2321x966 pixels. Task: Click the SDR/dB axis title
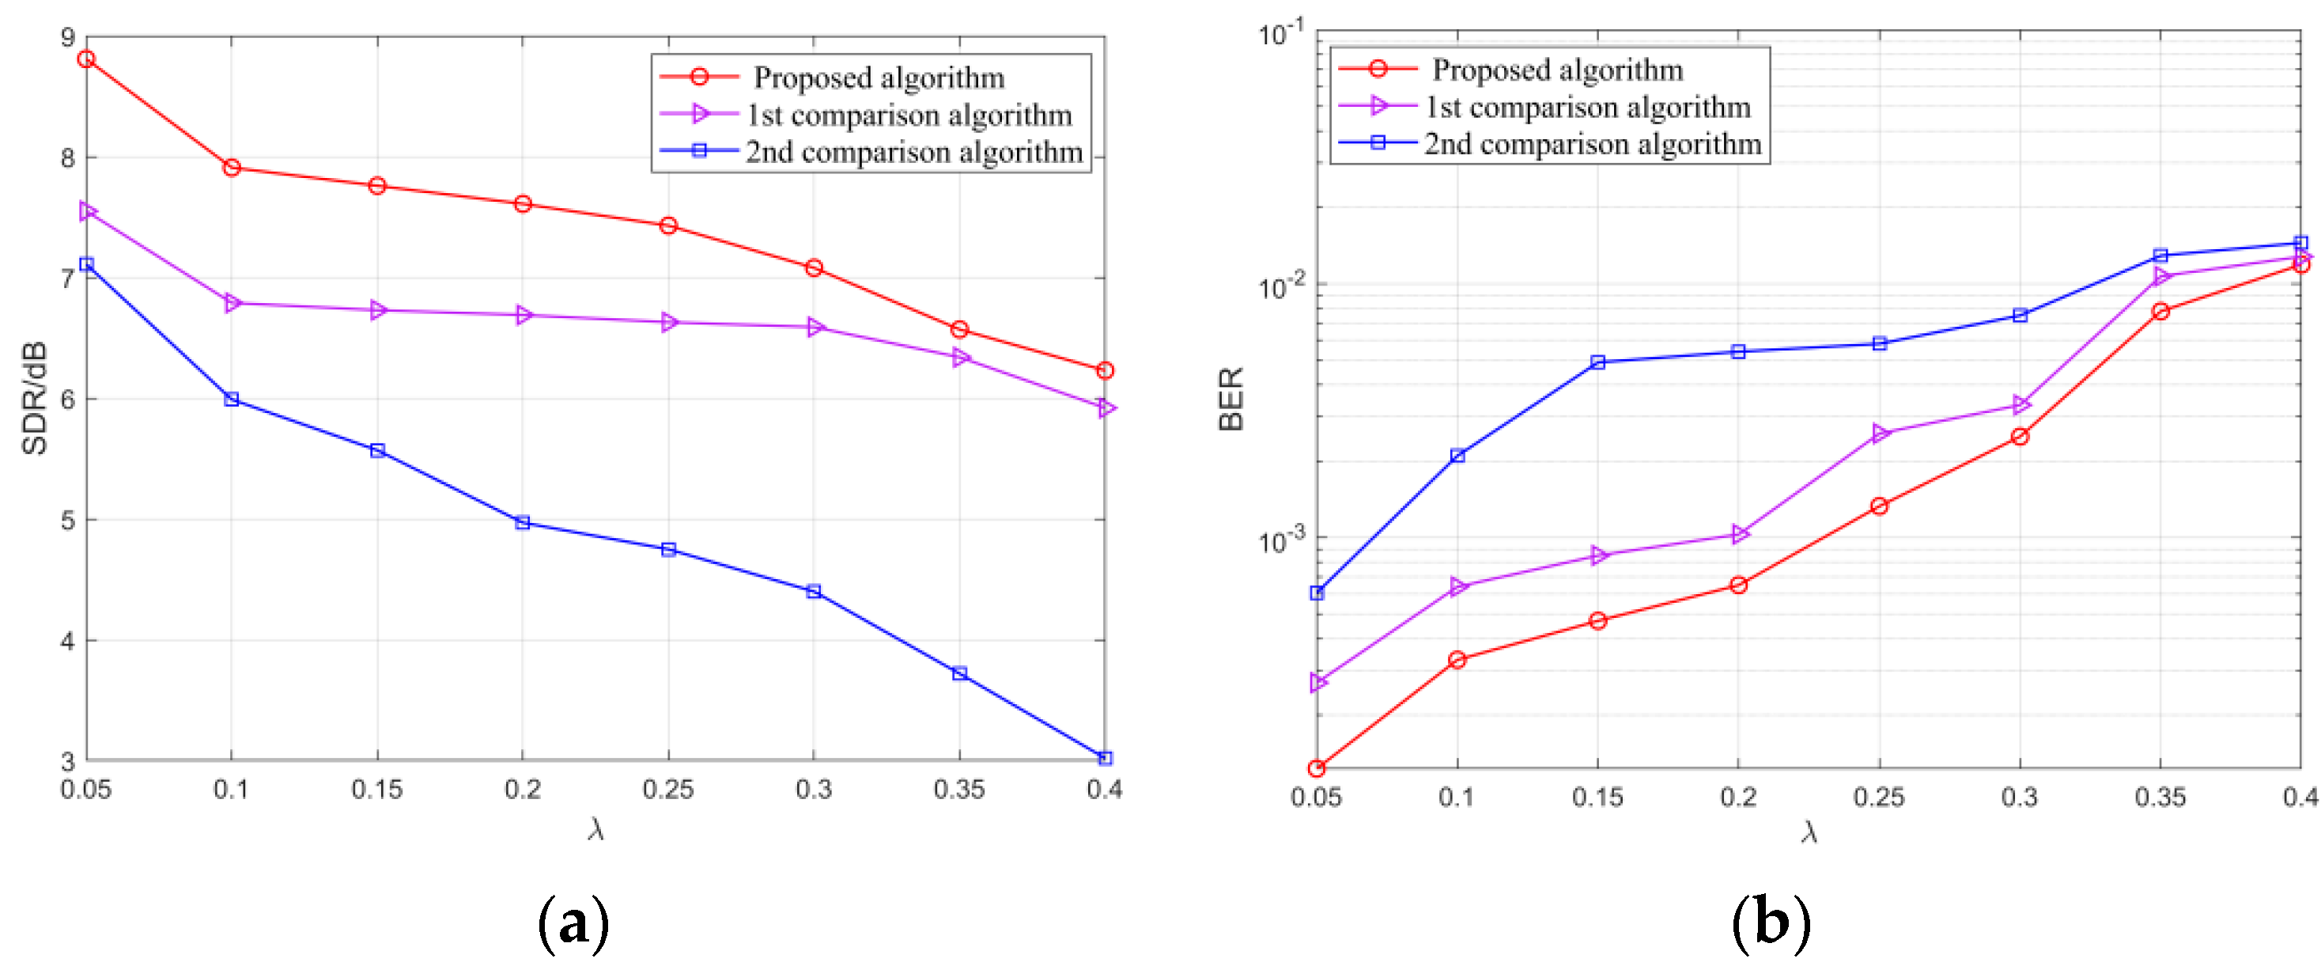[x=34, y=398]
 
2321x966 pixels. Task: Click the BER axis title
[x=1230, y=398]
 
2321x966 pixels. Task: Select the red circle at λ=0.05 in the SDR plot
[x=86, y=59]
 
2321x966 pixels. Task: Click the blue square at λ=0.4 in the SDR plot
[x=1106, y=759]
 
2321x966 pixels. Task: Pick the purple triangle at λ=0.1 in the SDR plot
[x=232, y=304]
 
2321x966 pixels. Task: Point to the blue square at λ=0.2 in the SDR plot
[x=523, y=523]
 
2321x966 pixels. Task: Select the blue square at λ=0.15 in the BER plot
[x=1597, y=362]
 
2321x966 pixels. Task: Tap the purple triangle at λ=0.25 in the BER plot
[x=1880, y=434]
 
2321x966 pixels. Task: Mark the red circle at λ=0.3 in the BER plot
[x=2020, y=436]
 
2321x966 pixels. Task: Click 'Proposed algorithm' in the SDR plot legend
[x=879, y=78]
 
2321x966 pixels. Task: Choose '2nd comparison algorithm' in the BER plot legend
[x=1592, y=144]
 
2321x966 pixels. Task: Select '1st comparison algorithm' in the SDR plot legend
[x=909, y=116]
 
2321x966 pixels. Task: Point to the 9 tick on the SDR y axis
[x=67, y=38]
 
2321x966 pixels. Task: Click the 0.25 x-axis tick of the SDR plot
[x=667, y=790]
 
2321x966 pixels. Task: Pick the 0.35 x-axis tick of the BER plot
[x=2160, y=797]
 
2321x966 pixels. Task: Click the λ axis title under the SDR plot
[x=595, y=829]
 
